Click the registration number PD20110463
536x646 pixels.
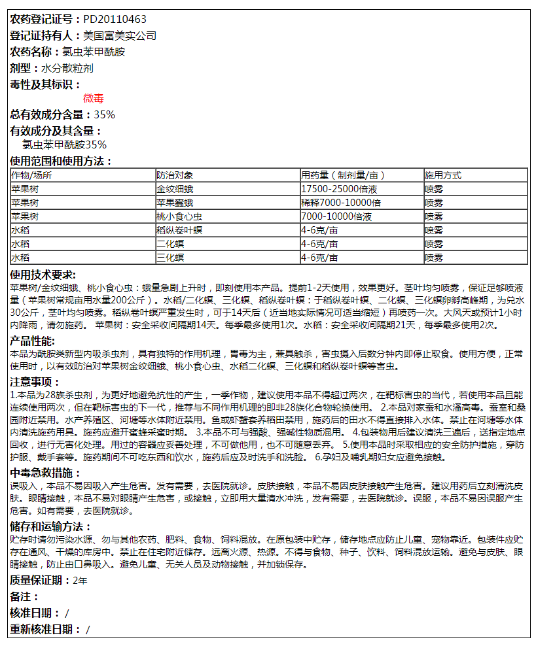[x=115, y=20]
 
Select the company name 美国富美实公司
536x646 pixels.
[x=120, y=36]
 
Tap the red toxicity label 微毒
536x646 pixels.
[x=94, y=99]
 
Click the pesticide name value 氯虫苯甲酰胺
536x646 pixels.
[x=93, y=52]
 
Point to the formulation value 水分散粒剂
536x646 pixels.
[x=67, y=68]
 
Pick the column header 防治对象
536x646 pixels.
[x=175, y=175]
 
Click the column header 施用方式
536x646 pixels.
[x=443, y=175]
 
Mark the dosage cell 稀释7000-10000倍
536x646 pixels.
[x=341, y=203]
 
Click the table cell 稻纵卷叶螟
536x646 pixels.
[x=179, y=230]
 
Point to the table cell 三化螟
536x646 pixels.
[x=170, y=258]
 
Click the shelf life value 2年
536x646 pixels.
[x=80, y=580]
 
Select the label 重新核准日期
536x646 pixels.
[x=43, y=630]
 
